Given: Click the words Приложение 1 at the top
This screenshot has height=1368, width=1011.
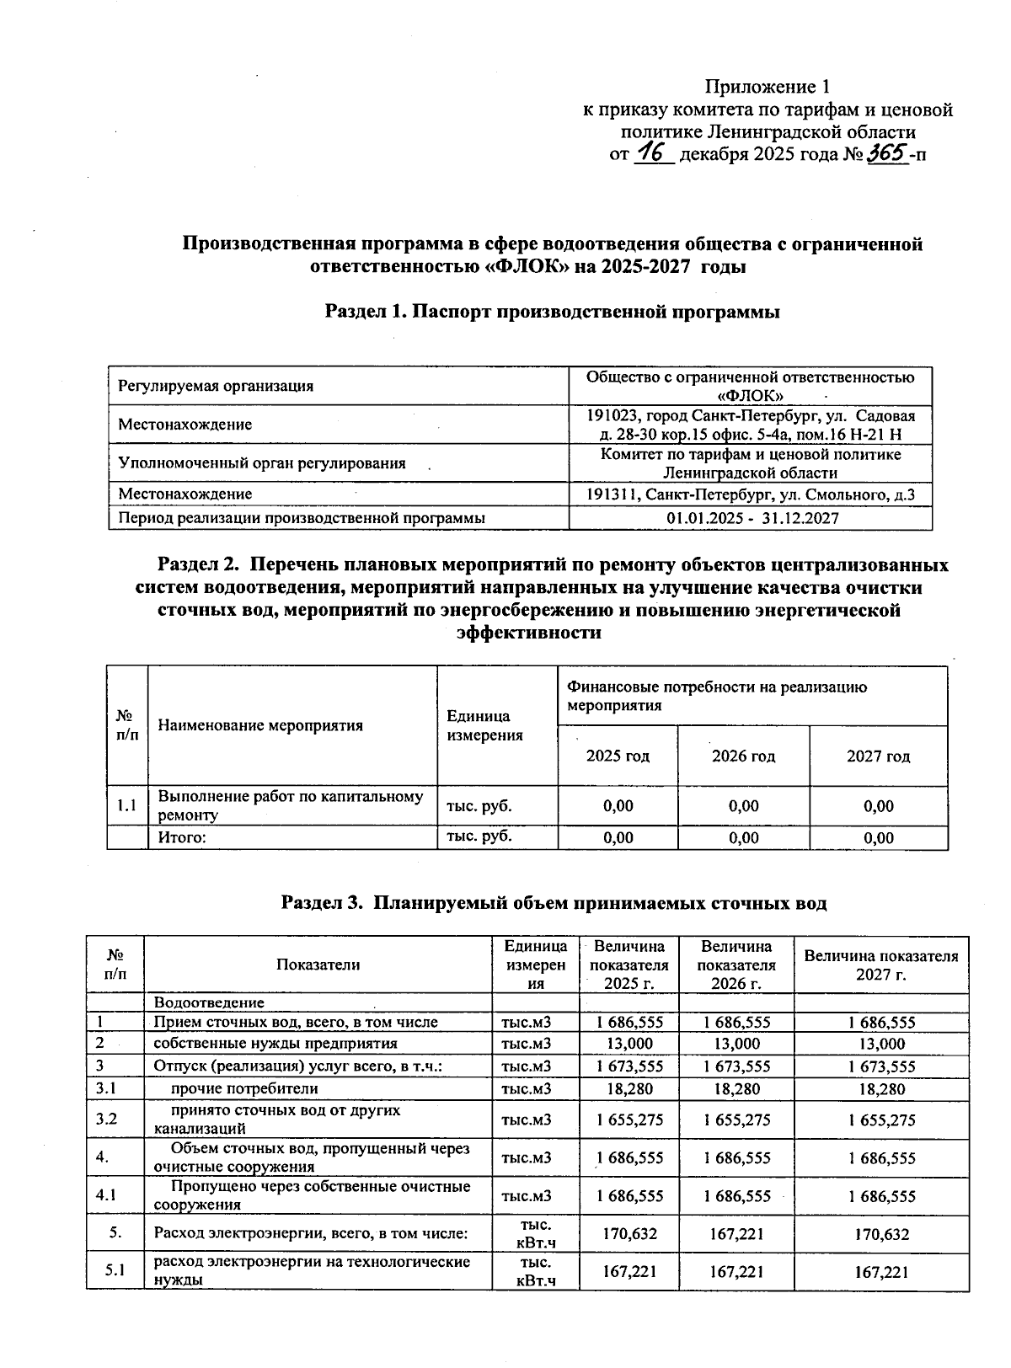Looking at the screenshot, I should click(x=767, y=87).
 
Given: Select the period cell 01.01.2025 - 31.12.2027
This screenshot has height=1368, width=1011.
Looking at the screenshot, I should click(x=752, y=518).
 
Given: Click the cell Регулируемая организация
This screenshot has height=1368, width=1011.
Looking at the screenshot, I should click(x=216, y=386).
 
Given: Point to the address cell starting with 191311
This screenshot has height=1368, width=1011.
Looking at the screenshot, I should click(x=751, y=494).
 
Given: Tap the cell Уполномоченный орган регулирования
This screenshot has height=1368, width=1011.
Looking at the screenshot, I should click(x=262, y=462).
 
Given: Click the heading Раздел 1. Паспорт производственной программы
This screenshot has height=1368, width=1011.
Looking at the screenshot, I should click(x=552, y=312).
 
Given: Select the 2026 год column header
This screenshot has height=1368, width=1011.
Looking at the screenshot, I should click(x=743, y=756).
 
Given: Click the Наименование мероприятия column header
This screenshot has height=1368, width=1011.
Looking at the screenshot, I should click(x=260, y=725).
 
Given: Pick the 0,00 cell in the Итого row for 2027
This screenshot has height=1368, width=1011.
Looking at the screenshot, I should click(x=878, y=837).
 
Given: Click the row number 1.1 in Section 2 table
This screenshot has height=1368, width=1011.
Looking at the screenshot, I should click(x=126, y=806).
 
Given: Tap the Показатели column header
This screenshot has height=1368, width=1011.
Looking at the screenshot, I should click(x=318, y=965).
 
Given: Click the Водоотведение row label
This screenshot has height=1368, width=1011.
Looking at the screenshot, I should click(x=209, y=1002).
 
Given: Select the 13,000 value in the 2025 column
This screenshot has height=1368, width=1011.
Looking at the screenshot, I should click(x=629, y=1044).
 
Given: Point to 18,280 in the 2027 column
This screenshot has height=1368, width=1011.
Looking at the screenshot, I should click(x=881, y=1089).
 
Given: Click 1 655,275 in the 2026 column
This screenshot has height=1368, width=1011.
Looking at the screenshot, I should click(x=736, y=1120).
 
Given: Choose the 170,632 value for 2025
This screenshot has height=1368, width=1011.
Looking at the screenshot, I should click(x=629, y=1234).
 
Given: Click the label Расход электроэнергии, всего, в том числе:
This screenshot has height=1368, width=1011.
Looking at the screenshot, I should click(x=310, y=1234).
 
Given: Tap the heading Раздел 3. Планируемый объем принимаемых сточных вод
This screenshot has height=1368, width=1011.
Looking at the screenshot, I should click(x=554, y=903).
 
